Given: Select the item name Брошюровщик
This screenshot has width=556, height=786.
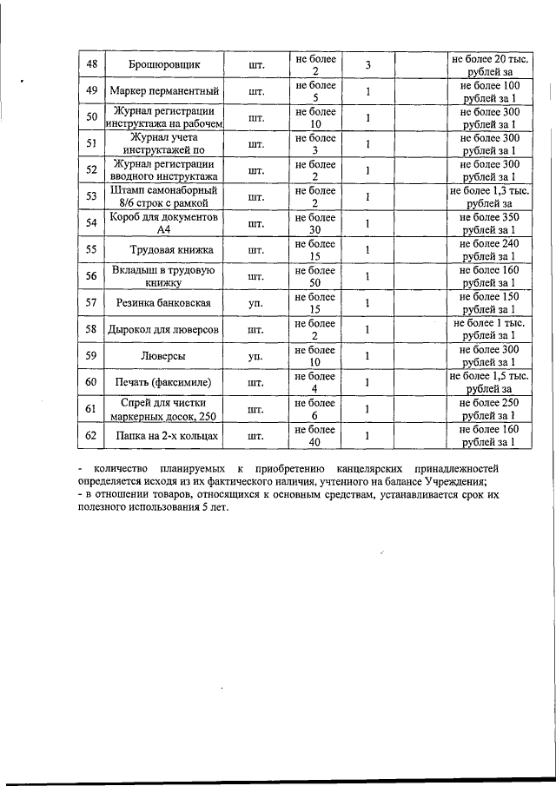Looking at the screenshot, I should (x=165, y=65).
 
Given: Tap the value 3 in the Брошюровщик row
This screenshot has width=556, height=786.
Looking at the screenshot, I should (x=367, y=65).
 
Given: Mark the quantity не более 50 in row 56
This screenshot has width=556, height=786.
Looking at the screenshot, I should (x=314, y=276).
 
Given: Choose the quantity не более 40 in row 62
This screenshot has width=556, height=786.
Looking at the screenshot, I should (x=314, y=435).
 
